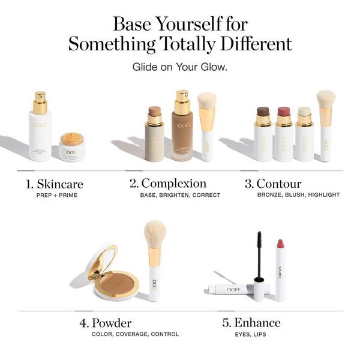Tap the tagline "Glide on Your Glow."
[179, 67]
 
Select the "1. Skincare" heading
[55, 184]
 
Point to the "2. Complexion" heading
[168, 184]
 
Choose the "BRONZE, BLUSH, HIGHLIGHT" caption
[298, 195]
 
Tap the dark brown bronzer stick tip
[263, 112]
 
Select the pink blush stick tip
[283, 112]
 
